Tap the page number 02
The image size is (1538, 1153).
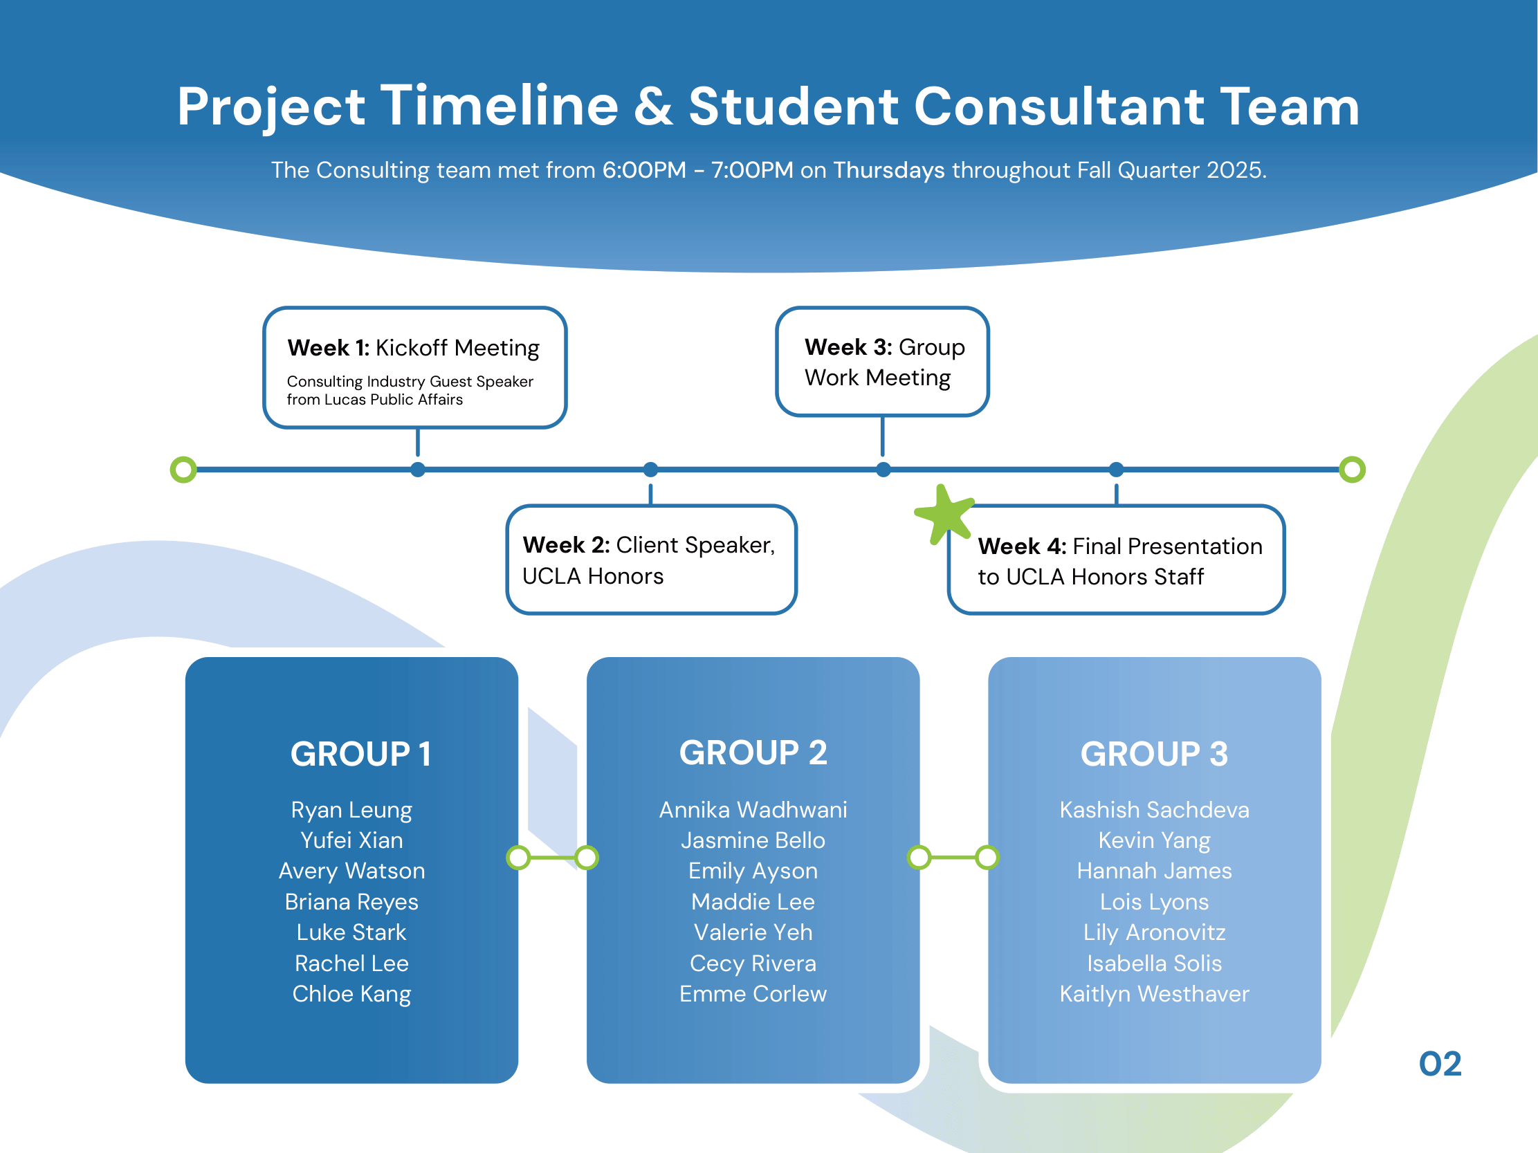[1440, 1064]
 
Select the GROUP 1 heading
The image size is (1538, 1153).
[361, 754]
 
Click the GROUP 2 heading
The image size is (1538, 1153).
[753, 753]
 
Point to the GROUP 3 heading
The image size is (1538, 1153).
[1154, 754]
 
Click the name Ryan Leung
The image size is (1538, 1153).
[352, 811]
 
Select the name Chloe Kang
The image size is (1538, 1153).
[352, 995]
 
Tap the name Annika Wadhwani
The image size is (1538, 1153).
[753, 810]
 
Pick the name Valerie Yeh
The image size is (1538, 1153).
[753, 932]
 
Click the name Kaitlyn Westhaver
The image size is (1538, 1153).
[1154, 995]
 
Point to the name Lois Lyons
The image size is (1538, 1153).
[1154, 902]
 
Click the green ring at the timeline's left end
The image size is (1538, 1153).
[183, 470]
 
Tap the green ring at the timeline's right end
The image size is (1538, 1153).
[1352, 470]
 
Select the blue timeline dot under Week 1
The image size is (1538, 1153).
[417, 470]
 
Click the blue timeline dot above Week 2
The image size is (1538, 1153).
[650, 470]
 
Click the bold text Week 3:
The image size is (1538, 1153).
[848, 347]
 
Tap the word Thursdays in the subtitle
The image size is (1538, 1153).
[888, 170]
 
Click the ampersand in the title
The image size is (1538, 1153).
[654, 107]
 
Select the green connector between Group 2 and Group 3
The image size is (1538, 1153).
[953, 858]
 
